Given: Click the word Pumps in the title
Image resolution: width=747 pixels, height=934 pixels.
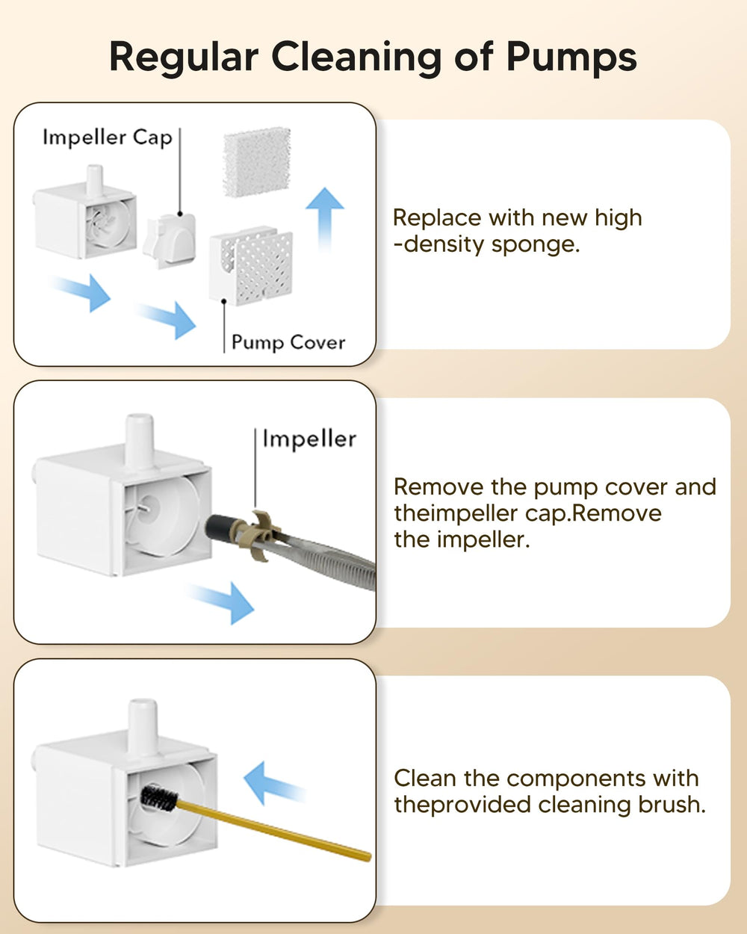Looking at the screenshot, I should tap(571, 57).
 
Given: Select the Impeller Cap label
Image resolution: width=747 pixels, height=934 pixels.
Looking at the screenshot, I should tap(107, 137).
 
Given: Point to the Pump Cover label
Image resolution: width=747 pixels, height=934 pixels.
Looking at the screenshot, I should tap(288, 342).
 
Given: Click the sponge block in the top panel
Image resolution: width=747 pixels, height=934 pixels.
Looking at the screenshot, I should tap(257, 161).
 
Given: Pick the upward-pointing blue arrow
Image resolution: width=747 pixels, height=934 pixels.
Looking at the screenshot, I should tap(325, 216).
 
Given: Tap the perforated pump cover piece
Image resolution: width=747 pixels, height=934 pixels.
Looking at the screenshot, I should tap(252, 266).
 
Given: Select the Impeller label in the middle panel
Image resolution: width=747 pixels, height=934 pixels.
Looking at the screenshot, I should tap(309, 439).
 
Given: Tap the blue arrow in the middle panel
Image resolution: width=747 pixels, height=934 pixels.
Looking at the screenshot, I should tap(222, 599).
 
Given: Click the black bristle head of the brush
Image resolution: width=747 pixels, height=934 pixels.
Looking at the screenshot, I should tap(160, 798).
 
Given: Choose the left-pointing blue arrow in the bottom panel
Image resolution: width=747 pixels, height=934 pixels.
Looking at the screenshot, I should tap(273, 785).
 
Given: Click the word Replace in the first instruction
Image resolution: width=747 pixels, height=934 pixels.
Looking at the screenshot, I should tap(437, 218).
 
